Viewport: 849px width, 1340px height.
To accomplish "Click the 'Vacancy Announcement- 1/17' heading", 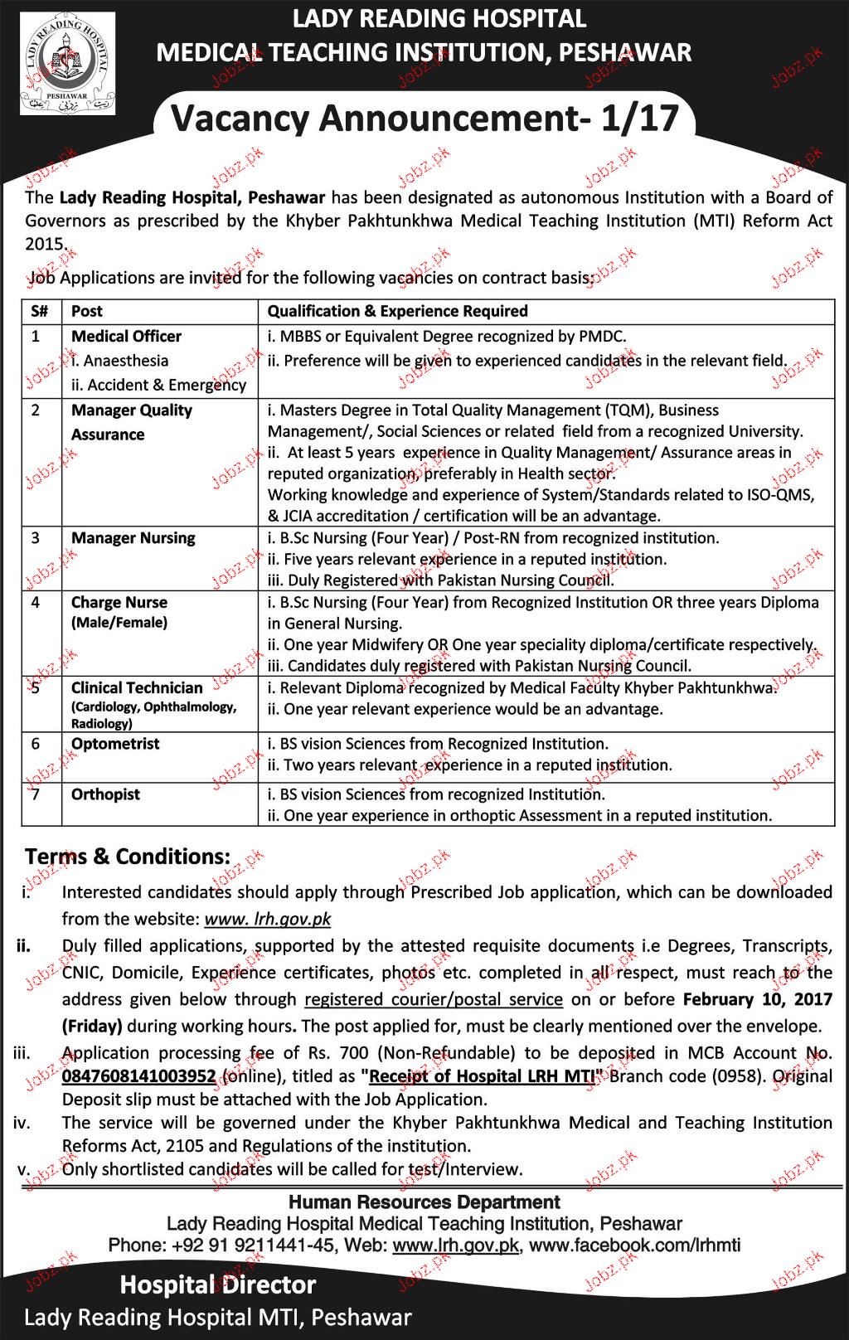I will [424, 119].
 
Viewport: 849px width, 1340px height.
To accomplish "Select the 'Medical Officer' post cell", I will [126, 336].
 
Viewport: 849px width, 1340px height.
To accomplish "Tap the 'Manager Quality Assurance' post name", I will [131, 422].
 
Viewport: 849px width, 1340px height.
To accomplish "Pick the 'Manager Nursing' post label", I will [133, 538].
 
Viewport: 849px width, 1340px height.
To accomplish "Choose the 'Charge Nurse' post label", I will [119, 603].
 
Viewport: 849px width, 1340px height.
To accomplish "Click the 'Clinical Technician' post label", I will [137, 687].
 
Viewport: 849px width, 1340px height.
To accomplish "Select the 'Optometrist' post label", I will [115, 744].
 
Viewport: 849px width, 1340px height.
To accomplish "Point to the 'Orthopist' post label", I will [105, 794].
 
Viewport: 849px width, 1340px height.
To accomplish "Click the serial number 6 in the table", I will [36, 744].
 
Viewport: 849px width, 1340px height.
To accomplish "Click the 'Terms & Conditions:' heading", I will [128, 857].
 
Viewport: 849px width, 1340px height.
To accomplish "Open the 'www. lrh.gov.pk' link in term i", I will [267, 919].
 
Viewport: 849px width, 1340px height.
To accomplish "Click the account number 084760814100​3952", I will [138, 1076].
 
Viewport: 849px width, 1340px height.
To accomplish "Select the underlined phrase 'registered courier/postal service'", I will [434, 999].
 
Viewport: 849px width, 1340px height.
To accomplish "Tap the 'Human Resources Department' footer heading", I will [424, 1202].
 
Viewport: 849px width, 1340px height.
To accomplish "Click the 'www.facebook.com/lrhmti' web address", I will [634, 1245].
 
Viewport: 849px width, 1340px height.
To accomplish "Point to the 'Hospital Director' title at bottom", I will [218, 1285].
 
